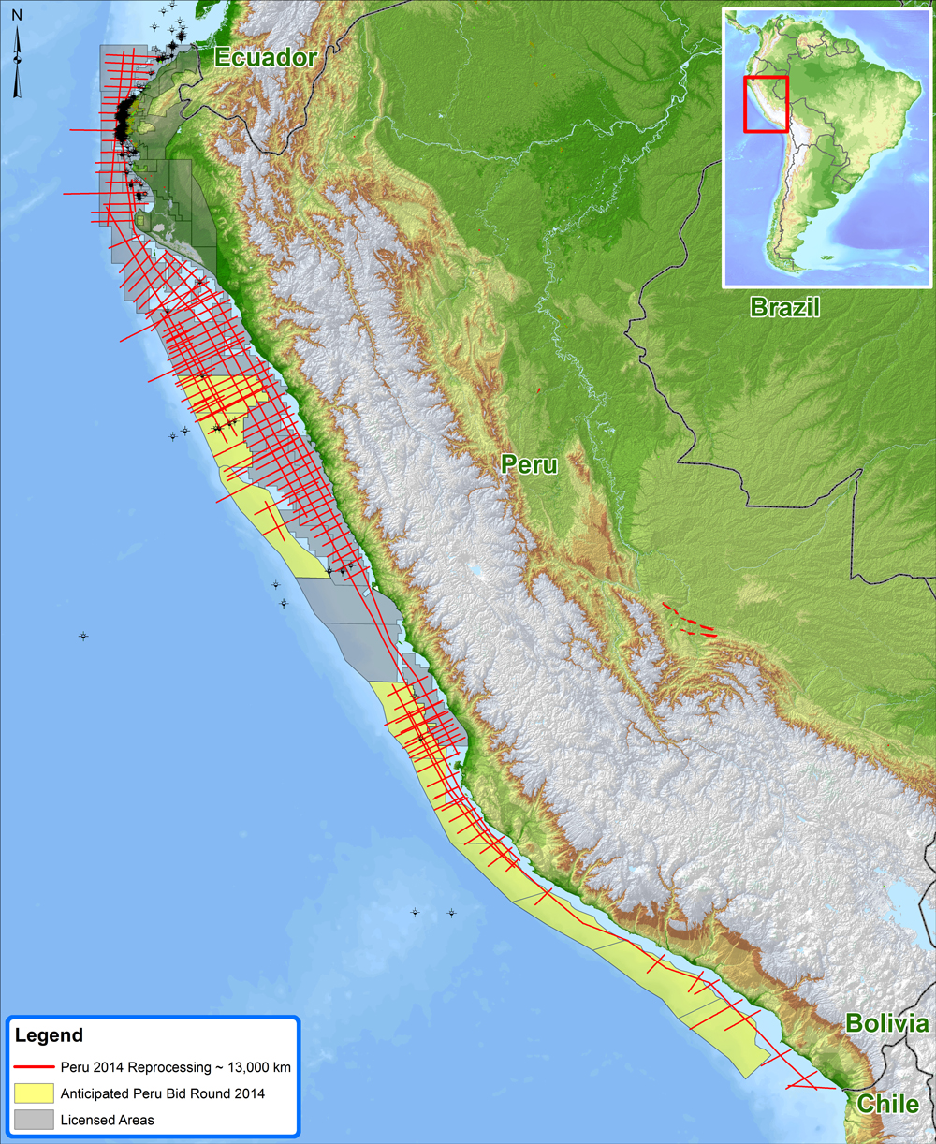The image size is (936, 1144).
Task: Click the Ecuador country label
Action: pos(266,57)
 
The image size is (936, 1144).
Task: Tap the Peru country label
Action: pos(529,463)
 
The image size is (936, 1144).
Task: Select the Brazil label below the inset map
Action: pos(784,306)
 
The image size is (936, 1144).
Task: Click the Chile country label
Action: pos(888,1103)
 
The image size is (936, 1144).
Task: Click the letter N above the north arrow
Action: pos(17,16)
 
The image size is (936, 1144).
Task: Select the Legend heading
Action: pos(49,1035)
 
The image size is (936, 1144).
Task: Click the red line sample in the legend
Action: pos(34,1067)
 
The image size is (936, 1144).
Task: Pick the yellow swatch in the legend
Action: pos(34,1093)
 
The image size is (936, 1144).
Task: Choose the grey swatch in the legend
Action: pos(34,1120)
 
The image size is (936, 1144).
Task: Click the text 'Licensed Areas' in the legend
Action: pos(107,1120)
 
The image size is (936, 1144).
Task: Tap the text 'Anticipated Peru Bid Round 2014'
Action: pos(162,1093)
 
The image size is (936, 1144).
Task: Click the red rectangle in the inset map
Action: pos(766,104)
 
